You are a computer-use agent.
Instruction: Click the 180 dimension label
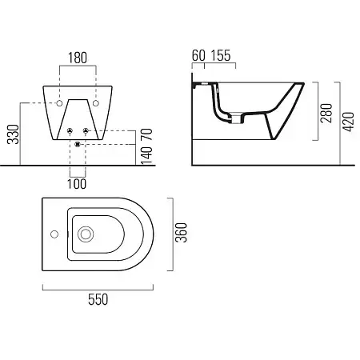click(x=78, y=58)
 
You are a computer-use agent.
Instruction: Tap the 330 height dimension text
click(x=13, y=134)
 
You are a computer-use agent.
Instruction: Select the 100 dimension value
click(x=77, y=184)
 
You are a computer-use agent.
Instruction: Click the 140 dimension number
click(x=146, y=155)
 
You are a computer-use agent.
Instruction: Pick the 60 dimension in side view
click(x=198, y=55)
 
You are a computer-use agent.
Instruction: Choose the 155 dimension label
click(x=221, y=55)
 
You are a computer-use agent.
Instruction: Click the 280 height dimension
click(x=326, y=113)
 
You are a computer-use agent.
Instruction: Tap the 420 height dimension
click(x=349, y=122)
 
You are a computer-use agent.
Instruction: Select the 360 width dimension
click(x=182, y=233)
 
